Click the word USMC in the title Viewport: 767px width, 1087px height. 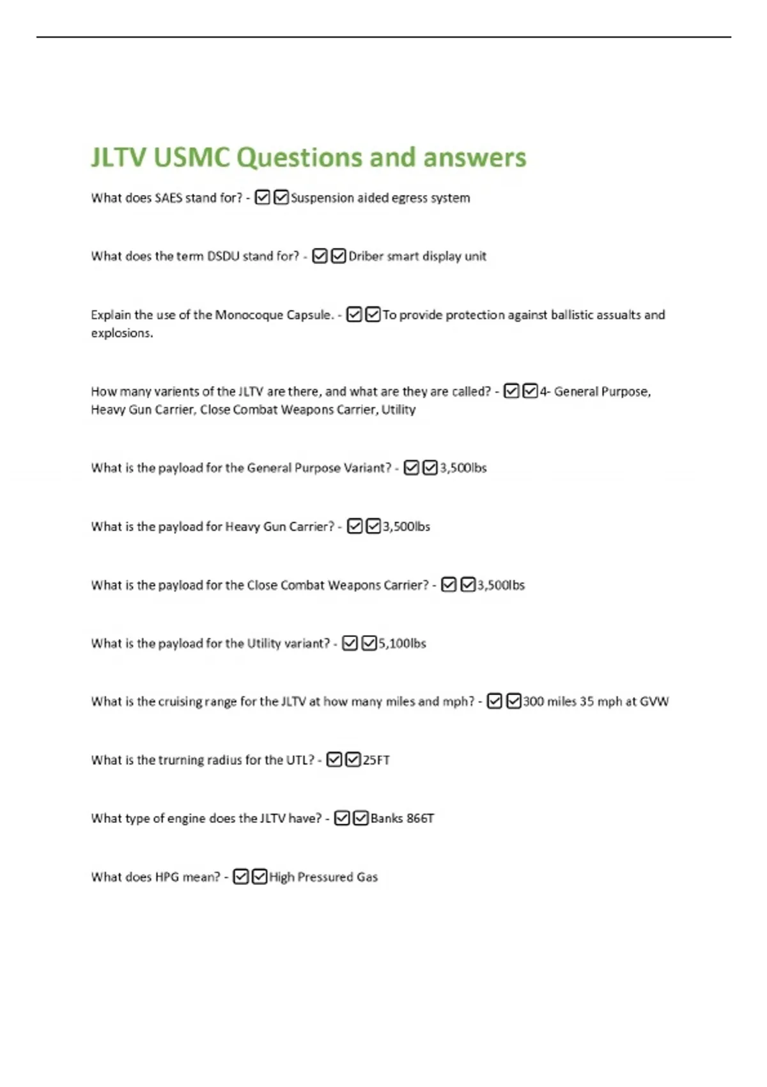click(191, 158)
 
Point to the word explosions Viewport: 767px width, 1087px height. click(121, 333)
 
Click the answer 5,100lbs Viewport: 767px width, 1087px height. click(402, 644)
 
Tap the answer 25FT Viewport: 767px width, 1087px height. click(376, 760)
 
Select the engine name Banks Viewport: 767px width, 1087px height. click(387, 818)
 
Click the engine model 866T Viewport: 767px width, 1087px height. click(421, 818)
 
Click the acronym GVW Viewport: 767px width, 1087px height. click(655, 702)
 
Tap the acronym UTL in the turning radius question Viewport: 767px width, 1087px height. click(300, 760)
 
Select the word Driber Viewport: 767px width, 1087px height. click(366, 256)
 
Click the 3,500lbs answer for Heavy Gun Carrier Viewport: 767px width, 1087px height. click(407, 527)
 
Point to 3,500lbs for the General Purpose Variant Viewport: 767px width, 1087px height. click(463, 468)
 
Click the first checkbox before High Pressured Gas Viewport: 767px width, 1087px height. click(241, 877)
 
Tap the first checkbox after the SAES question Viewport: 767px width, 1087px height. click(262, 198)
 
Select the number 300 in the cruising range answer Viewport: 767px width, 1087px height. click(533, 702)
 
